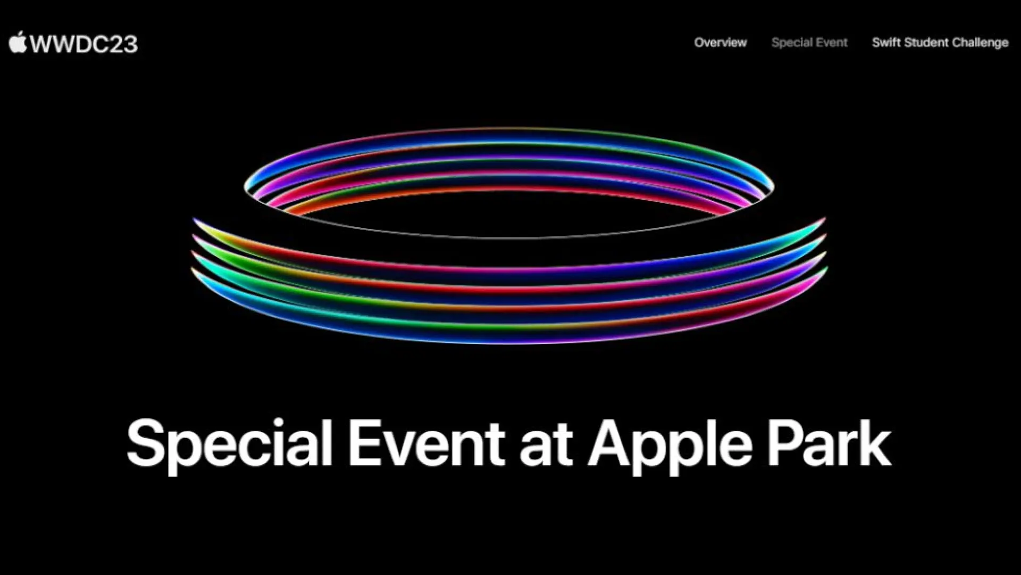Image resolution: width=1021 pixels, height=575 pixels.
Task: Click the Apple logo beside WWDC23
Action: pos(18,43)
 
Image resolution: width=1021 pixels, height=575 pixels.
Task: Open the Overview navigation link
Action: pos(720,43)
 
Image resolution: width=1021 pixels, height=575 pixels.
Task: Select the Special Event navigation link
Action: pos(809,43)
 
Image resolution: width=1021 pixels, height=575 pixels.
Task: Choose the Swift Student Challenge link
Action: pos(940,43)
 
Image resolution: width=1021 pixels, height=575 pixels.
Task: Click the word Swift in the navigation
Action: pos(885,43)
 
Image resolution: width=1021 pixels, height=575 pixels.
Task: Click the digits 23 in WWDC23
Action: pos(124,44)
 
